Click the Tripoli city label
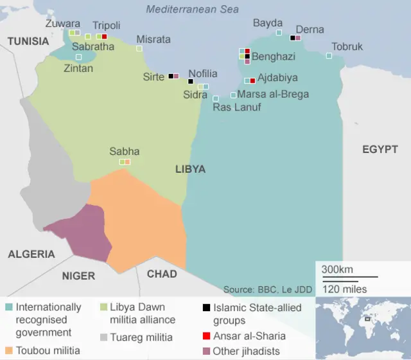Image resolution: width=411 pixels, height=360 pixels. coord(106,25)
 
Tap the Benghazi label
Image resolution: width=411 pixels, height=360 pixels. coord(273,57)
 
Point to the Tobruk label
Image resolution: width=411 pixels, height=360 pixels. coord(347,46)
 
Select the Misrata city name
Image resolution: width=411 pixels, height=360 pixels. coord(153,39)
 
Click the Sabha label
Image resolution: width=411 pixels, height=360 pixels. coord(124,152)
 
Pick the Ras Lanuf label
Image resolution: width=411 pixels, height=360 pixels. coord(236,107)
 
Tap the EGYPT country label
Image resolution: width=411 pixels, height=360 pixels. coord(380,149)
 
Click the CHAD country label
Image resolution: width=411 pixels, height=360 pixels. coord(162,274)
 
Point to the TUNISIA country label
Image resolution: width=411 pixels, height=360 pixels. coord(28,41)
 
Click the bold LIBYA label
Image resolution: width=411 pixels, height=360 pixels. coord(190,169)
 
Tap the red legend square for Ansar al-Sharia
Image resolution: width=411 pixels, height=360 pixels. coord(206,336)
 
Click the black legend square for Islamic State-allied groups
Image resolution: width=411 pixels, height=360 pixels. coord(206,308)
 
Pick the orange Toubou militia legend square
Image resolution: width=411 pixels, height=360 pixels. coord(8,350)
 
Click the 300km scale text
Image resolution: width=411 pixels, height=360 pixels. coord(337,269)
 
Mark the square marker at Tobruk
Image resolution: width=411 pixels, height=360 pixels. coord(329,55)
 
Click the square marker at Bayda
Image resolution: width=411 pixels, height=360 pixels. coord(279,33)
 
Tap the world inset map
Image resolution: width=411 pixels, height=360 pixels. coord(363,327)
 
